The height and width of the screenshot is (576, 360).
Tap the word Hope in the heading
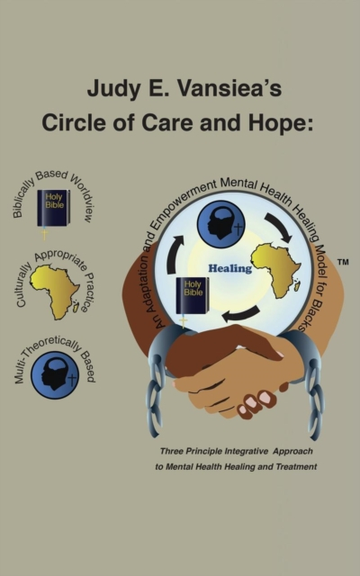[x=281, y=123]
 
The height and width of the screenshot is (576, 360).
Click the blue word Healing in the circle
[x=230, y=268]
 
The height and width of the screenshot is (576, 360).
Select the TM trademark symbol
[x=343, y=262]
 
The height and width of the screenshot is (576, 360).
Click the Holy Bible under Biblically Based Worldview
[x=54, y=208]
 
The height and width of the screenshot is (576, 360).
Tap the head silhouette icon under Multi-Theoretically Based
[x=55, y=374]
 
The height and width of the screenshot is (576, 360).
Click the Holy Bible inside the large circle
[x=192, y=296]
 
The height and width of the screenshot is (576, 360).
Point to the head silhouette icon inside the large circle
[x=220, y=224]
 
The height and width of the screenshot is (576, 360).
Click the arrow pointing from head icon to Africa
[x=280, y=227]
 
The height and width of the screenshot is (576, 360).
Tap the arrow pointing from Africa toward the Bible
[x=240, y=314]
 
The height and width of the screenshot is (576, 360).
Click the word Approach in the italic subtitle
[x=292, y=452]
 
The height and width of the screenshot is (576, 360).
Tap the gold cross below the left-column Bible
[x=44, y=234]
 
